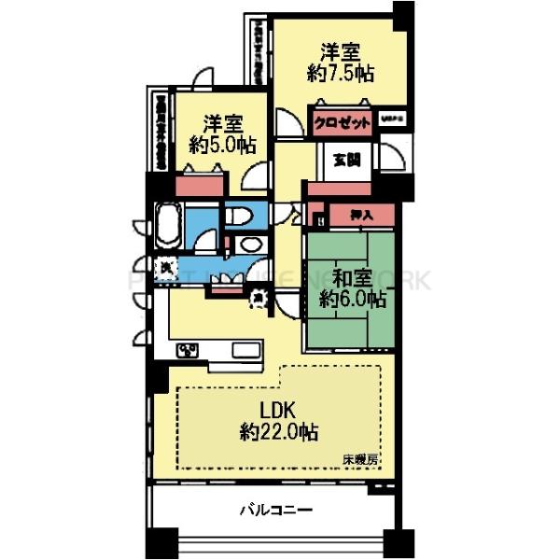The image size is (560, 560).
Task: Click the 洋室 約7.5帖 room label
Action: (x=342, y=61)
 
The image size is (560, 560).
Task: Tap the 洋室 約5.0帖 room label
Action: (x=223, y=133)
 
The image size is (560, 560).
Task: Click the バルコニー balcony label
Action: (x=275, y=510)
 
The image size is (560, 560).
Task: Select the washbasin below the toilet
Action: (x=248, y=245)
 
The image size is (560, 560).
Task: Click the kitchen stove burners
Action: (x=188, y=350)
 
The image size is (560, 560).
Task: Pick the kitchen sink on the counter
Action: (x=248, y=350)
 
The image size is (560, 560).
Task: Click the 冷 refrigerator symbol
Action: (x=258, y=296)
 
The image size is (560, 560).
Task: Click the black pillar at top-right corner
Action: (x=403, y=15)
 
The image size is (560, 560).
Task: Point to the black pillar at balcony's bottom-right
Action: (x=400, y=541)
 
